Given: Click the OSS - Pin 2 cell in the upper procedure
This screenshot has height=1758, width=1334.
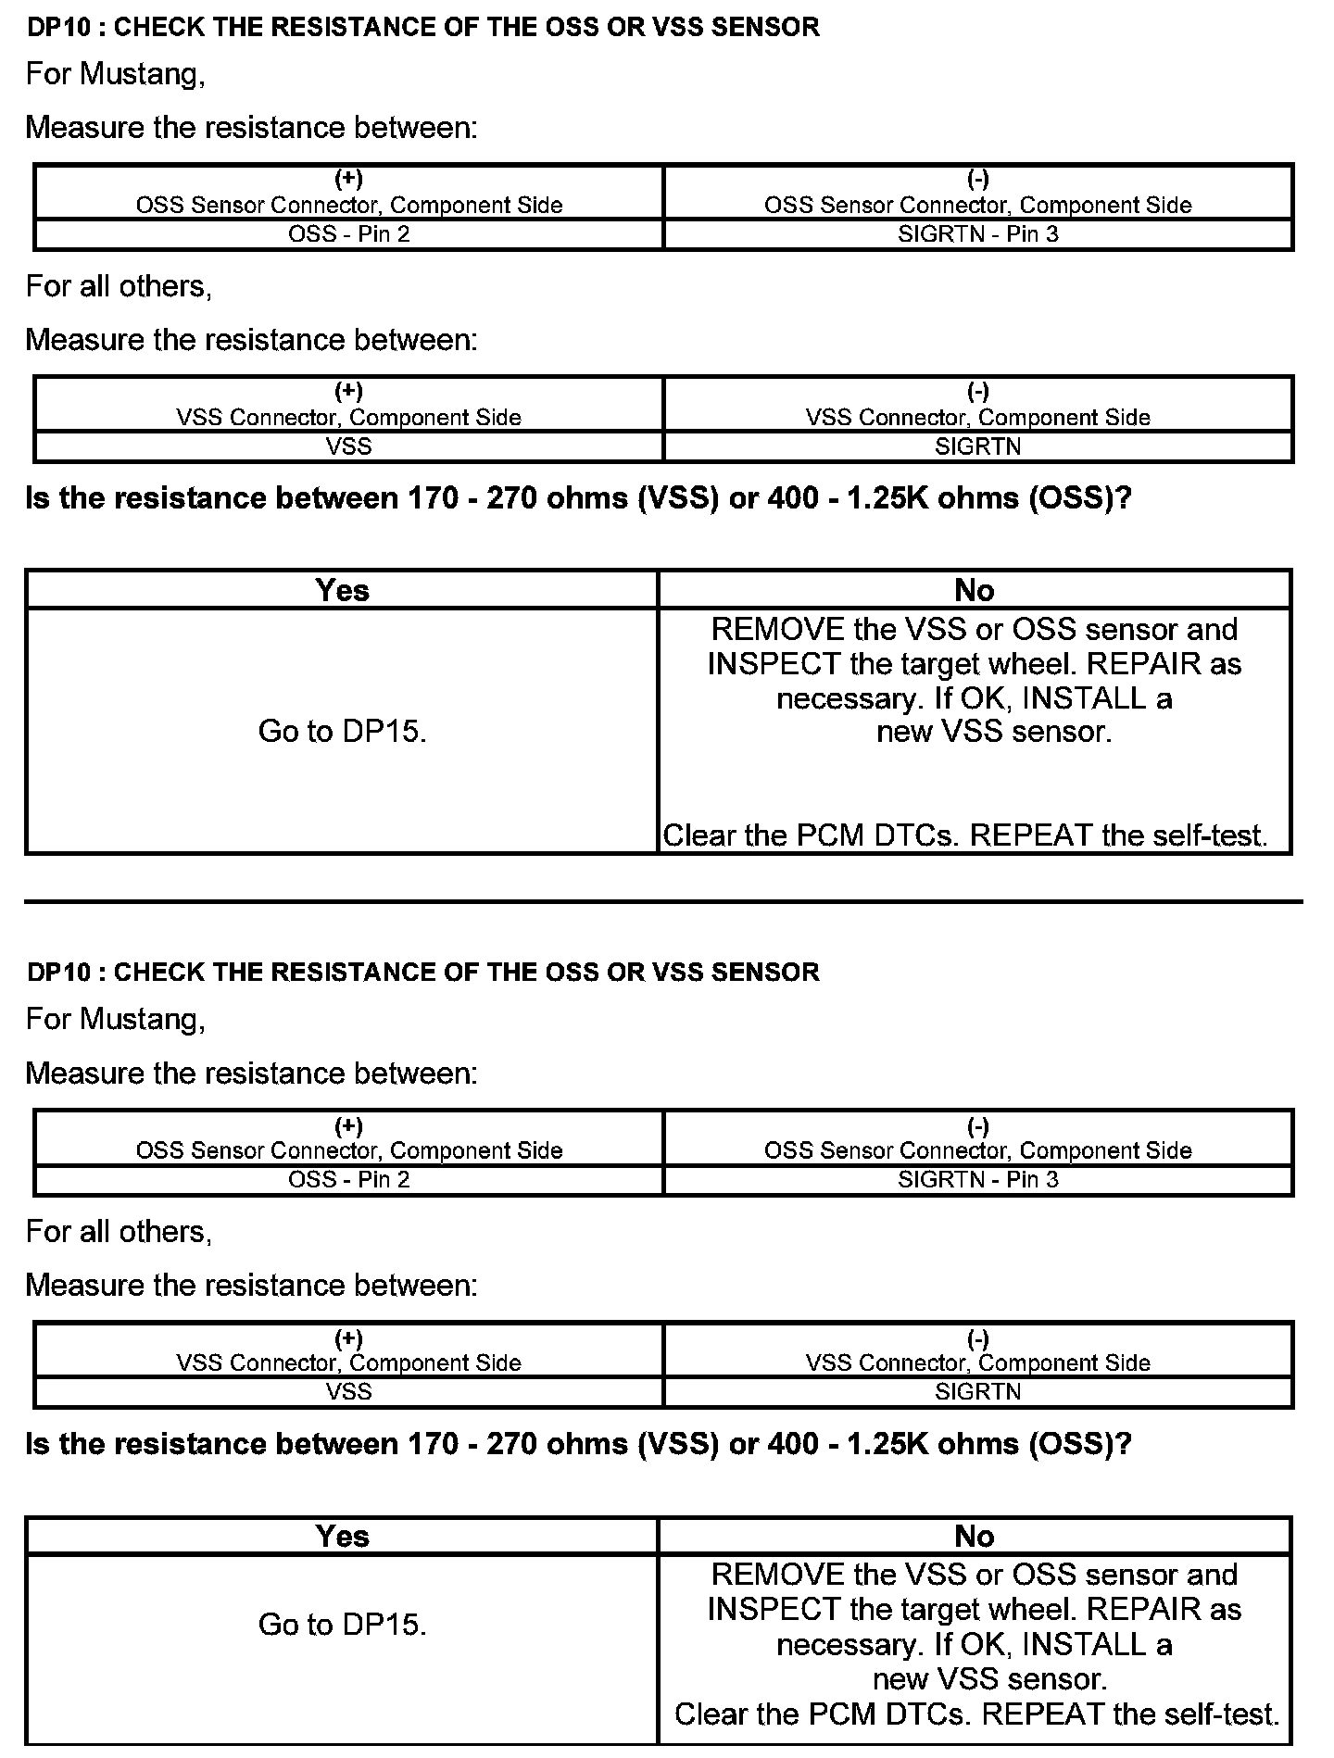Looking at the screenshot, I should click(348, 233).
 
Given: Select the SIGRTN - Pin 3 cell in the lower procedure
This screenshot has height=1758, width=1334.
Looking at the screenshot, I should click(977, 1179).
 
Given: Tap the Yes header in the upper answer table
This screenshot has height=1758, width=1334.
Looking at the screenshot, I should click(342, 590).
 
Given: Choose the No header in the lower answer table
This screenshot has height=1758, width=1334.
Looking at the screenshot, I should click(974, 1536).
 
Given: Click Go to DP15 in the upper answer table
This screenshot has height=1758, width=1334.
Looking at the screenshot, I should click(342, 732).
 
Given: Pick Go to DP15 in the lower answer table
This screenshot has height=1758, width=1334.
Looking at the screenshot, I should click(342, 1625).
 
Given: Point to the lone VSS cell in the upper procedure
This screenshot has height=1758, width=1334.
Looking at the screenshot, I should click(348, 446).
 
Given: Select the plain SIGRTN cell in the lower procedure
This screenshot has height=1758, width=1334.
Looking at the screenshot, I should click(977, 1391).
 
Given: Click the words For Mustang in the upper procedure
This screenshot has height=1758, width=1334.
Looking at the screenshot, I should click(115, 74).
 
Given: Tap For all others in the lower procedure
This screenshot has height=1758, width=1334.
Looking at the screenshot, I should click(119, 1232).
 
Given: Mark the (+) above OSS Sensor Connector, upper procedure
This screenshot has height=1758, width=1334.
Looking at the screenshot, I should click(348, 179).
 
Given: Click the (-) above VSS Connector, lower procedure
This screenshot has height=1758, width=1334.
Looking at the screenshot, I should click(977, 1338).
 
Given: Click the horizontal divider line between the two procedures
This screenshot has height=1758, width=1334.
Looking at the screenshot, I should click(663, 900).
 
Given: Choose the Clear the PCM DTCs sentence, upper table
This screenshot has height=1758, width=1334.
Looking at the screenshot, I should click(964, 835).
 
